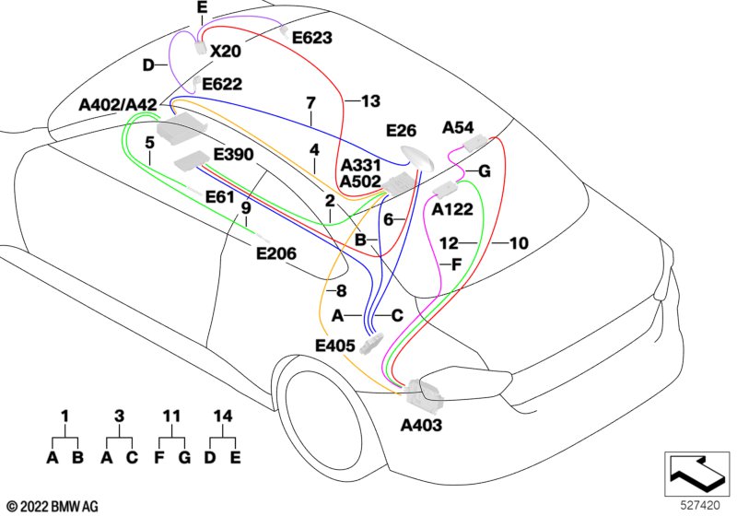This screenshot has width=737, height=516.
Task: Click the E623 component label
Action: coord(312,38)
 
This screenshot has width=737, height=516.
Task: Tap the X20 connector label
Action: coord(225,51)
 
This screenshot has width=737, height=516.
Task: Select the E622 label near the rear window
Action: coord(222,84)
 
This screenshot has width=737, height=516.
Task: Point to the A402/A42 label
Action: coord(119,105)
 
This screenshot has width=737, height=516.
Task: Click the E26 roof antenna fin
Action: coord(417,158)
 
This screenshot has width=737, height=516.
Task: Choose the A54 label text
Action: coord(458,127)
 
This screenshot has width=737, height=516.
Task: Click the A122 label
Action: coord(452,208)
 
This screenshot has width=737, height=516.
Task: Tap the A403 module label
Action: coord(421,426)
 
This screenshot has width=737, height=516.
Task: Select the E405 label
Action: coord(335,346)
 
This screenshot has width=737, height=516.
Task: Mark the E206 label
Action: coord(276,253)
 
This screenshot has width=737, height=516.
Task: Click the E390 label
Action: coord(234,154)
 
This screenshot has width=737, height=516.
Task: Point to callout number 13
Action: coord(371,101)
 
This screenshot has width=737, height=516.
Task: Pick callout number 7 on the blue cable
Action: coord(310,103)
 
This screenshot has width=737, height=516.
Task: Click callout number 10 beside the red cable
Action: coord(519,243)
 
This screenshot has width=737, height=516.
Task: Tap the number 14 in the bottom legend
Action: coord(223,416)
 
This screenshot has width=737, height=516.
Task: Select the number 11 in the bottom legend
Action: coord(171,416)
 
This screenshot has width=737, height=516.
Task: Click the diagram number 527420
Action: coord(700,505)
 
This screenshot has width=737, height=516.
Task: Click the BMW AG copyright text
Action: coord(53,507)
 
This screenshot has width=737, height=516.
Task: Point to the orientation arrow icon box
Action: coord(697,475)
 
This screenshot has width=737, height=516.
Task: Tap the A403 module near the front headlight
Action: coord(424,393)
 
